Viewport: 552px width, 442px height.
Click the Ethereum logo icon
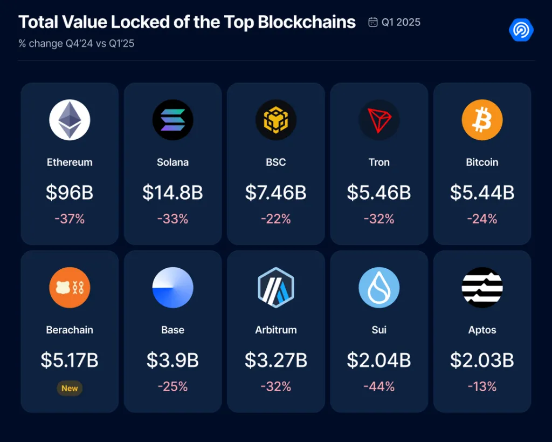(x=70, y=120)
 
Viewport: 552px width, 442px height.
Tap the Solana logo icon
(x=172, y=120)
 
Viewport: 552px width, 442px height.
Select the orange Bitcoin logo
(x=482, y=120)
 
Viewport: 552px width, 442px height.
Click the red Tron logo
(x=379, y=120)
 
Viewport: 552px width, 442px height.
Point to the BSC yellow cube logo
(x=275, y=120)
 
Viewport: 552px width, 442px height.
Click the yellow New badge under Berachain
(x=70, y=388)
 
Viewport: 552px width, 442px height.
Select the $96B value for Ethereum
(x=70, y=193)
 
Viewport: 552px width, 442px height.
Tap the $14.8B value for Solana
(x=172, y=193)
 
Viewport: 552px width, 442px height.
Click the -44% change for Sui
(x=379, y=386)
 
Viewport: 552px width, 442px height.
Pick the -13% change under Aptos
(x=482, y=386)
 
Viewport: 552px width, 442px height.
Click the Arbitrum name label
(x=275, y=330)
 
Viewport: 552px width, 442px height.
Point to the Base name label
(x=172, y=330)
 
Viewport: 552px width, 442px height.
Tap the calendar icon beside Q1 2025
(x=372, y=22)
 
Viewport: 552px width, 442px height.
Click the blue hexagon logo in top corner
(x=521, y=30)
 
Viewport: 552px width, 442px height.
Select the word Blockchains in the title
(x=307, y=22)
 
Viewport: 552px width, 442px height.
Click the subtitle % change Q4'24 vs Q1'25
(x=76, y=44)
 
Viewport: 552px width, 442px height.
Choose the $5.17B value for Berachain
(x=70, y=360)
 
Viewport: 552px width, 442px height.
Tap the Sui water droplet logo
(x=379, y=288)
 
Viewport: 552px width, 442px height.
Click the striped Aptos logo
(x=482, y=288)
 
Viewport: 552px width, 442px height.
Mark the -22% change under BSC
(x=275, y=219)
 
